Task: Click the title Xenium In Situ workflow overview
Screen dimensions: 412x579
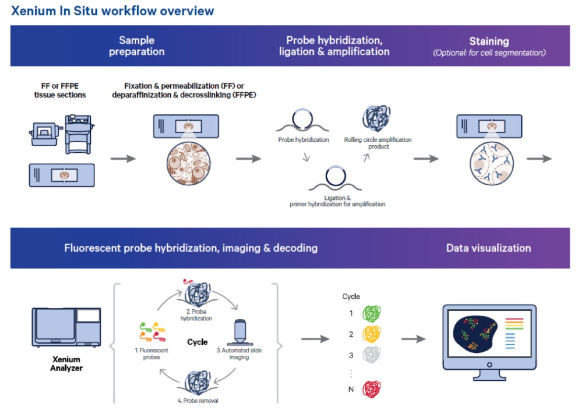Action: [x=112, y=11]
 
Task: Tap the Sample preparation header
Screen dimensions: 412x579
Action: [x=137, y=46]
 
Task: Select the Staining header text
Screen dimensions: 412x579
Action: [x=489, y=42]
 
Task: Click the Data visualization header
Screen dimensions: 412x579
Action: [x=488, y=248]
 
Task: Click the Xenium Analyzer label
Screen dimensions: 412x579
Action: [x=66, y=363]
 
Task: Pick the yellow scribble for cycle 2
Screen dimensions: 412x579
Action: [x=372, y=334]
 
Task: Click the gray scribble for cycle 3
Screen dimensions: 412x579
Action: [x=372, y=355]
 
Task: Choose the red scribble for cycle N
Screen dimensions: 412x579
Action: [x=372, y=389]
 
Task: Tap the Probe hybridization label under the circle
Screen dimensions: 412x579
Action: [x=303, y=140]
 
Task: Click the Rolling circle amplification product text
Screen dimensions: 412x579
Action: [x=378, y=143]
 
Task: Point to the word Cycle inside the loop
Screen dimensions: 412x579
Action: [x=198, y=342]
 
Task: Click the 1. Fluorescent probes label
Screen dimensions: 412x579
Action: [x=151, y=353]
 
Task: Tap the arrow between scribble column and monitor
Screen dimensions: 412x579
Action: [x=413, y=339]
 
